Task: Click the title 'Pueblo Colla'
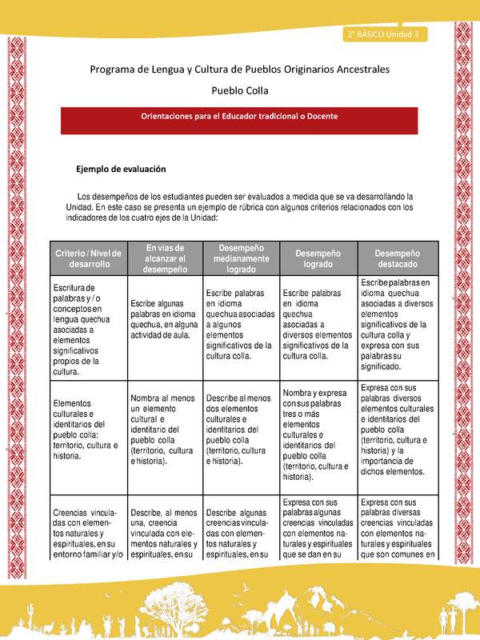pos(240,91)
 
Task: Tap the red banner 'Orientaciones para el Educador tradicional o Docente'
pos(240,116)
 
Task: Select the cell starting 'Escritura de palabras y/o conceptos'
pos(84,329)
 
